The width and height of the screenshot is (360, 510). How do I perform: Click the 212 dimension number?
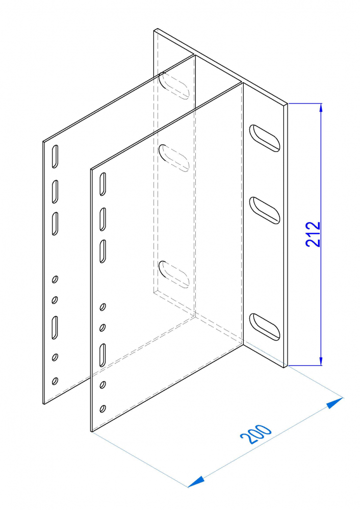pos(313,234)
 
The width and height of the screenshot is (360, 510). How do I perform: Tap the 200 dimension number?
pos(255,434)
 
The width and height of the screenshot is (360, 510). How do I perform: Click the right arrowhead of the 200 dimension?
pos(335,402)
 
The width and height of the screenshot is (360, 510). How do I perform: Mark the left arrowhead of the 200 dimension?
pos(196,482)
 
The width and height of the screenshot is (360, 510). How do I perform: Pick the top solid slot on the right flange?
pos(265,138)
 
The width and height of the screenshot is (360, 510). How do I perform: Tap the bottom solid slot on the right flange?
pos(265,327)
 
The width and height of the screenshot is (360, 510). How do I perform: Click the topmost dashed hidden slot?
pos(174,86)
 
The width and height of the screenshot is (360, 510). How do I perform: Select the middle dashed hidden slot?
pos(174,158)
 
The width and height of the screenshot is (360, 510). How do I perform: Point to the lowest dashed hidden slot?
pos(174,274)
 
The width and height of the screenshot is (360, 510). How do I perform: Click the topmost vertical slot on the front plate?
pos(102,184)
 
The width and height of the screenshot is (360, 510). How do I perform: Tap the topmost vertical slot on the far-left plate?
pos(55,157)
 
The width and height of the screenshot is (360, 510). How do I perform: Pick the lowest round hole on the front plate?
pos(102,409)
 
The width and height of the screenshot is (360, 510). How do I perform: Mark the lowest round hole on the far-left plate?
pos(55,381)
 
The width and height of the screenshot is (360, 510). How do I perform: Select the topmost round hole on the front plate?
pos(102,307)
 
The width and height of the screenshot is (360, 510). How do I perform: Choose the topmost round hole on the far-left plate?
pos(55,279)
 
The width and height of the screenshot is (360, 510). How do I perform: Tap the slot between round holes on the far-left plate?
pos(55,327)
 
